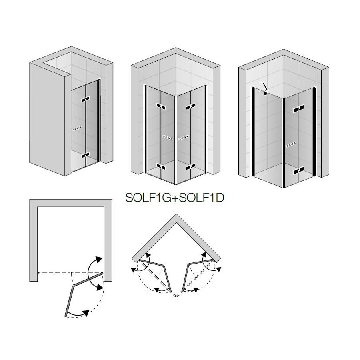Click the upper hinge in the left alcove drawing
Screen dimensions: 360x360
tap(85, 100)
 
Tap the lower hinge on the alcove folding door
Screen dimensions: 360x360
tap(86, 156)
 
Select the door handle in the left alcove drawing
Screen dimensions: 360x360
tap(77, 128)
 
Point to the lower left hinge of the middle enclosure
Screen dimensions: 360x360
tap(161, 166)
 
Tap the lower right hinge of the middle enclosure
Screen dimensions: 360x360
tap(190, 166)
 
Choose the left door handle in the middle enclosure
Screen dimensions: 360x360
tap(168, 138)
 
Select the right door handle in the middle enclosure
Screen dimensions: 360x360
tap(184, 138)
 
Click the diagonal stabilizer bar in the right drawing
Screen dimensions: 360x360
tap(265, 87)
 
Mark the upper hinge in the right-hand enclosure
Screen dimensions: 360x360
tap(299, 109)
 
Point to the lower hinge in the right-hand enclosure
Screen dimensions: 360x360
tap(299, 171)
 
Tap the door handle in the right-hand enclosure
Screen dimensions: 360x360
tap(291, 145)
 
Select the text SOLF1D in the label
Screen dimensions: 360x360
tap(201, 198)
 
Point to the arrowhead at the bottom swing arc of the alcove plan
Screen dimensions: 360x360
tap(86, 313)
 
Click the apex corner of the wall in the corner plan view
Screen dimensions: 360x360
tap(176, 214)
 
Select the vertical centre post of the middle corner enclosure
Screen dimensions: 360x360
tap(176, 140)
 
